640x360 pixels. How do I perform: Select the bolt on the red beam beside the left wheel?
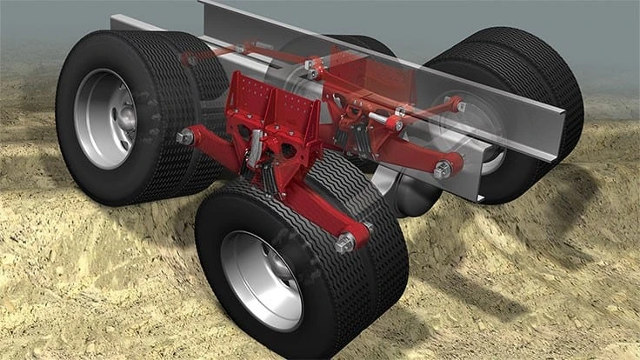185,137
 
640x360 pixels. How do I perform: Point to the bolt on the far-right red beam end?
443,169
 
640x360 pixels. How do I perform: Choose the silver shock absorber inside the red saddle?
253,157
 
